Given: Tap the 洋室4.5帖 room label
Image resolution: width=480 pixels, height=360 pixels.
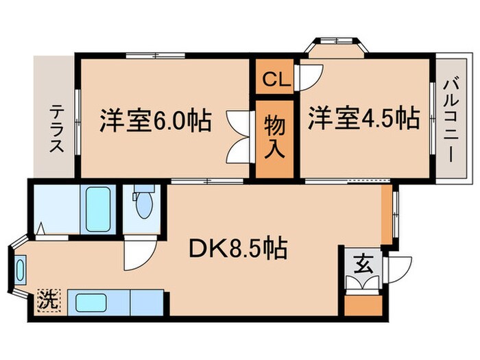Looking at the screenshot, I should (x=363, y=118).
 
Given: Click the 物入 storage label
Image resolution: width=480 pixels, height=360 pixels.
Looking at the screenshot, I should (x=275, y=137).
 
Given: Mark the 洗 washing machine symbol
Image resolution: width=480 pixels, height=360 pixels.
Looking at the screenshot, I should (x=48, y=300).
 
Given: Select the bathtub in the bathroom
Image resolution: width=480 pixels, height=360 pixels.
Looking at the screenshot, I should (x=98, y=208).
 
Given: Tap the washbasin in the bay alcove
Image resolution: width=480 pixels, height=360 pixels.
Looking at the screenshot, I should (x=19, y=269).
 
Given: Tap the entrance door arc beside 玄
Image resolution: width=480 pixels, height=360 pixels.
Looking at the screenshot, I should (x=397, y=269).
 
